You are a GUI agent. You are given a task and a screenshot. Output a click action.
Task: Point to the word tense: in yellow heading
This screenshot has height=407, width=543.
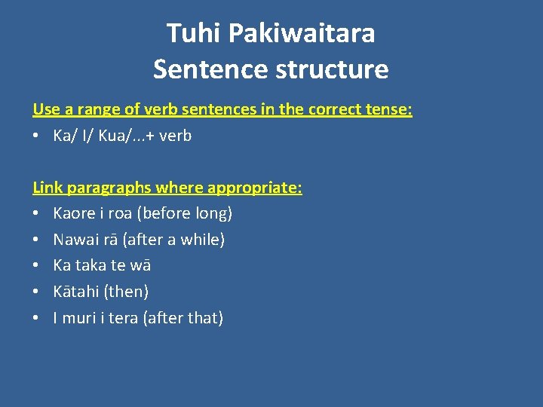(388, 109)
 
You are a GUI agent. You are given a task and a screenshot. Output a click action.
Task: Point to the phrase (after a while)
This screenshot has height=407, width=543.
(176, 240)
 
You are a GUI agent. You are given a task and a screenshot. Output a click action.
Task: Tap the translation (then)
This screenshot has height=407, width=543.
(127, 291)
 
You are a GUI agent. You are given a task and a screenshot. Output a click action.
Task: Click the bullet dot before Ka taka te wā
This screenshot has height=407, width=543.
(37, 265)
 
